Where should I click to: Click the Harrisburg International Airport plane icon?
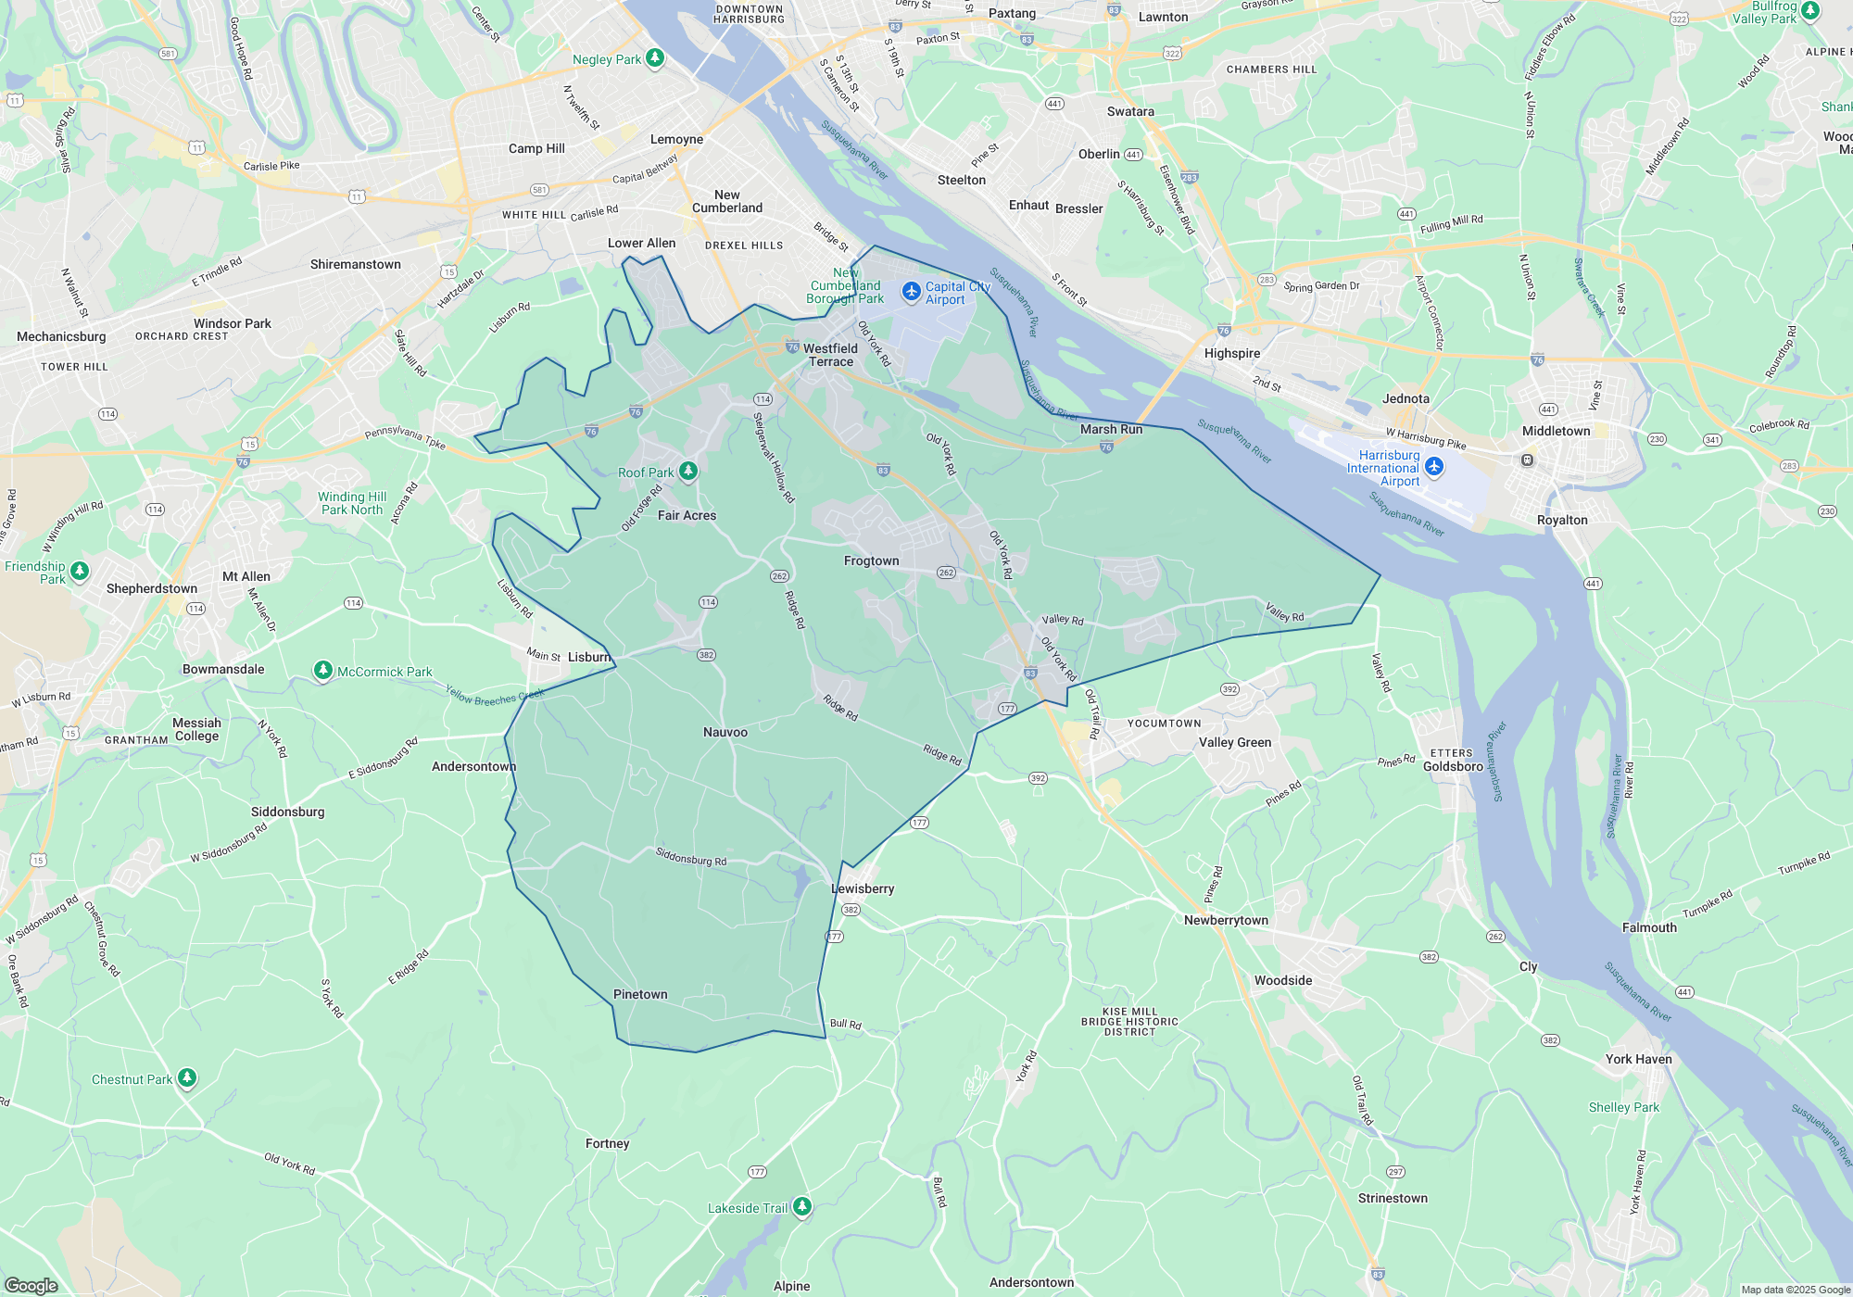1434,466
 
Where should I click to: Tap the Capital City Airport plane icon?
912,292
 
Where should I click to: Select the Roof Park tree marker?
687,472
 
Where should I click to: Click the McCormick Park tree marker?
322,671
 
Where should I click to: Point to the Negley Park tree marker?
655,58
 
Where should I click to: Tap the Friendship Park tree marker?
80,571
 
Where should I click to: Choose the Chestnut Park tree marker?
187,1077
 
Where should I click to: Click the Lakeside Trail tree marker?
802,1206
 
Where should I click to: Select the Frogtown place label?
871,560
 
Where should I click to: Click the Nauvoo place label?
725,732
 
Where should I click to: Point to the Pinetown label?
640,994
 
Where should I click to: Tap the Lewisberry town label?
863,888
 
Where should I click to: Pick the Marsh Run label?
1111,429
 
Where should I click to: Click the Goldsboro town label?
1453,766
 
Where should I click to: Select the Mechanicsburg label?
61,336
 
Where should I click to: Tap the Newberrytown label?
1226,920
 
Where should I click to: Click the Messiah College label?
196,729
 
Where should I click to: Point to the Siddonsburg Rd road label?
691,857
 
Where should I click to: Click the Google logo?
31,1286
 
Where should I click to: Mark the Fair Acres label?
687,515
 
